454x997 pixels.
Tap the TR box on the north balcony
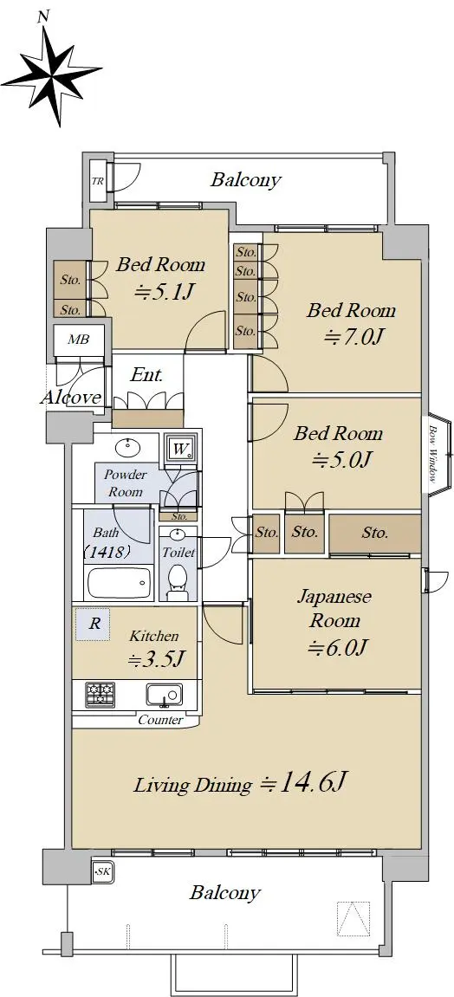(x=98, y=180)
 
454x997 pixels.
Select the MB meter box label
(x=78, y=339)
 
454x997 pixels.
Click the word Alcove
(x=70, y=398)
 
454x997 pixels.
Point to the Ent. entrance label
(x=146, y=375)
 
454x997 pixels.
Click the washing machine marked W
(x=181, y=450)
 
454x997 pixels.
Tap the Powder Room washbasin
(x=128, y=448)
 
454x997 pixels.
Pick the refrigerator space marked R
(x=94, y=624)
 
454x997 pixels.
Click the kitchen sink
(x=164, y=695)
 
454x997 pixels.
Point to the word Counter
(x=161, y=721)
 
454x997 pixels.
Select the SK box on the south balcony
(x=101, y=872)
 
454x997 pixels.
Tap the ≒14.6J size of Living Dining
(x=304, y=783)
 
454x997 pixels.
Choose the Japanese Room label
(x=335, y=609)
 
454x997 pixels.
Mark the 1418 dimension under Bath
(x=107, y=551)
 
